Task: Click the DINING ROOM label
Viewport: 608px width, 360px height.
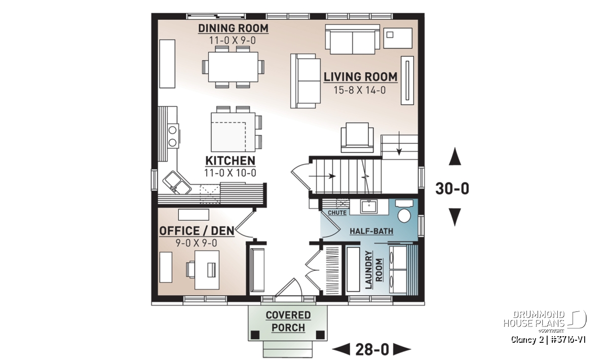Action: pos(233,28)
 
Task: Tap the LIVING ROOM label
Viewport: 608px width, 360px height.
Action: pos(360,77)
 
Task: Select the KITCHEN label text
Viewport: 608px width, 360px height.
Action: pos(230,161)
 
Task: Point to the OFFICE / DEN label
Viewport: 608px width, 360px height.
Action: pos(197,231)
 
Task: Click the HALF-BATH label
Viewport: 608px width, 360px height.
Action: pos(371,231)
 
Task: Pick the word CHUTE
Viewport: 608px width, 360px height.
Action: pos(337,213)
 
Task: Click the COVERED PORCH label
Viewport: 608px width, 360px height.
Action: pos(288,322)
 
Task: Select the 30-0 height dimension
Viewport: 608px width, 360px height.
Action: pos(452,188)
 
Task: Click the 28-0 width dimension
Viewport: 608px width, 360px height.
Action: pos(372,349)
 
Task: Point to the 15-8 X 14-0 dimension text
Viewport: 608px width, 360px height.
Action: pos(359,90)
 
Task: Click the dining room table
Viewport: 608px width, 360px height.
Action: pos(233,67)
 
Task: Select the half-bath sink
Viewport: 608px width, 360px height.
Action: pos(369,207)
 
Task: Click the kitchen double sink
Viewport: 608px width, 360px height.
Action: pos(177,183)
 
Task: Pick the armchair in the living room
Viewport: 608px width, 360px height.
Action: pos(357,138)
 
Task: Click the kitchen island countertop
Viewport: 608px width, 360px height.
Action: pos(233,132)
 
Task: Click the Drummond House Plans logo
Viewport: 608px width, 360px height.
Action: pos(545,322)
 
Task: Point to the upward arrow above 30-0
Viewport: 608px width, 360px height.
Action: pos(454,156)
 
